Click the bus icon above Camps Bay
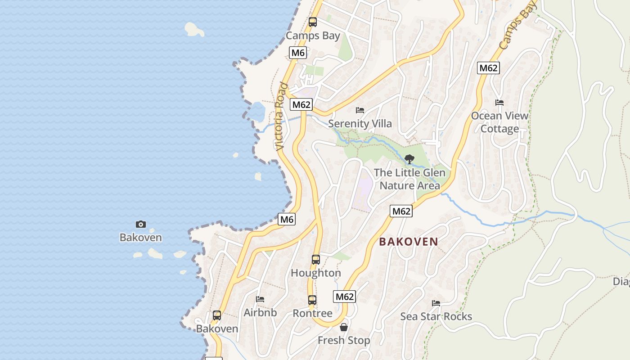313,22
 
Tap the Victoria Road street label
280,116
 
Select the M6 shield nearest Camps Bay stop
298,53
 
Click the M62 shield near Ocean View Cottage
488,68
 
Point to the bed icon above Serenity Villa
360,110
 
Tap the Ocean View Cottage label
499,122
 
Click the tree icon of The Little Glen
409,159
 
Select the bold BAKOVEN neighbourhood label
409,242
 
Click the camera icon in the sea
141,224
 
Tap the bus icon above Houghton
316,259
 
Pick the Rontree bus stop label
312,313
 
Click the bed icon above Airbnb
260,299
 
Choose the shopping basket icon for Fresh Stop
344,327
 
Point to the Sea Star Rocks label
436,316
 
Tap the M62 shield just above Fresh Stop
345,297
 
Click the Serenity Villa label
360,123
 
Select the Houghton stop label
316,273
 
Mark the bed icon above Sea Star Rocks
436,303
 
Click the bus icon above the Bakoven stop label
217,315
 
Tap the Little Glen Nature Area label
409,179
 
